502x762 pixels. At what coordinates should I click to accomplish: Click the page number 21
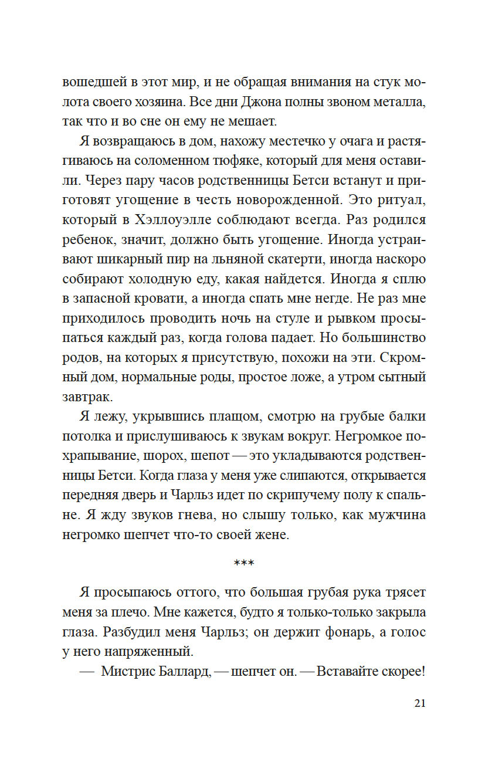(x=419, y=704)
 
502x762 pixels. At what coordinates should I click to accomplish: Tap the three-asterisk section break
(x=244, y=564)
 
